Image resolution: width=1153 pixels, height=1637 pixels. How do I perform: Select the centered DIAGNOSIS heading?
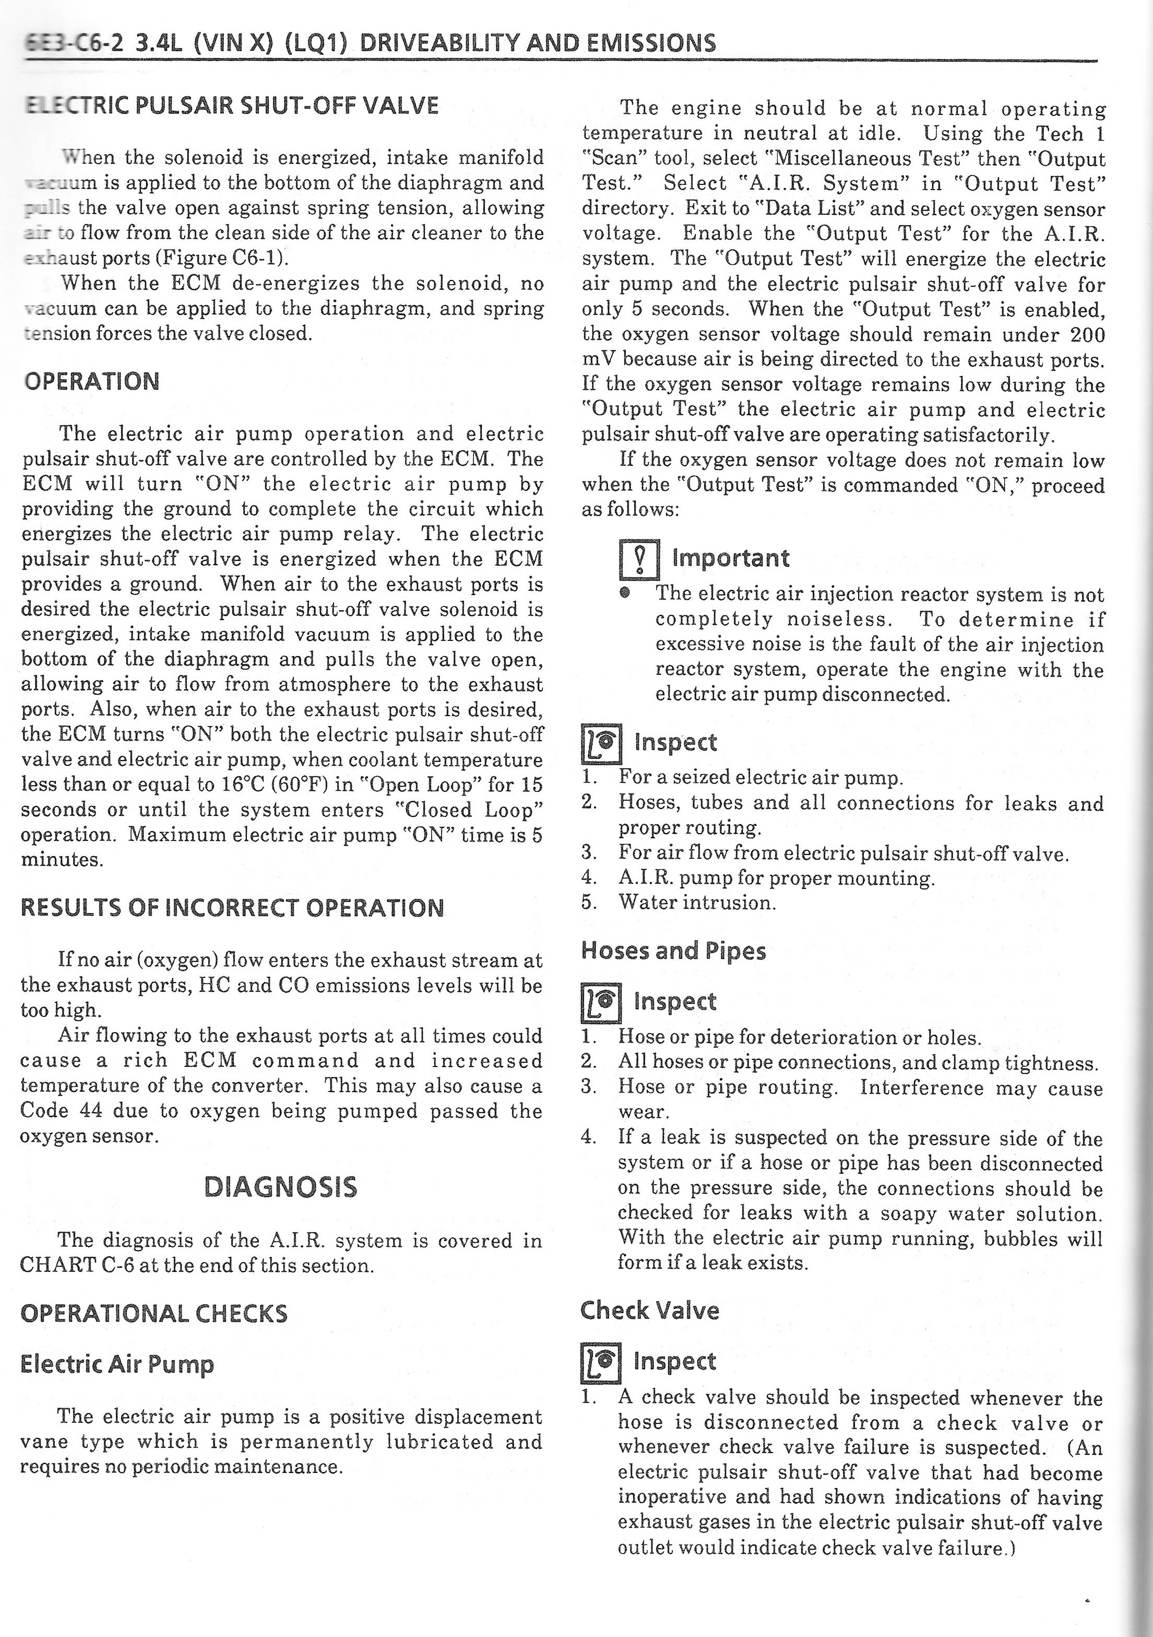coord(280,1186)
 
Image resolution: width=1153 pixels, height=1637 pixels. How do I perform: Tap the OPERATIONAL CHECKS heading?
coord(154,1313)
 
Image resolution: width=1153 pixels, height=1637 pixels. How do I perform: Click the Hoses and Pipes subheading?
coord(673,951)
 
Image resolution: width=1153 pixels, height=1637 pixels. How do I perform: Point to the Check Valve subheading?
coord(650,1309)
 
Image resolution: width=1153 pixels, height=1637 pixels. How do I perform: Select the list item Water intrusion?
coord(697,903)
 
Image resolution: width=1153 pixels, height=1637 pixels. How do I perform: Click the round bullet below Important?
coord(625,592)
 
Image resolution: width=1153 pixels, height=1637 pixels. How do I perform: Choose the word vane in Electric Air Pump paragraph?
coord(43,1441)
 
